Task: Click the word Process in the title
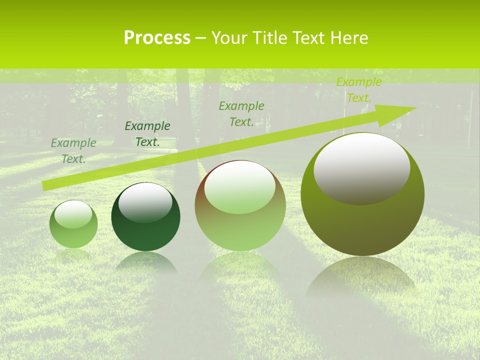click(157, 38)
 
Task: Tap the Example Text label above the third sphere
click(241, 114)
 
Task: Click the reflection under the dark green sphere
click(145, 262)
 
